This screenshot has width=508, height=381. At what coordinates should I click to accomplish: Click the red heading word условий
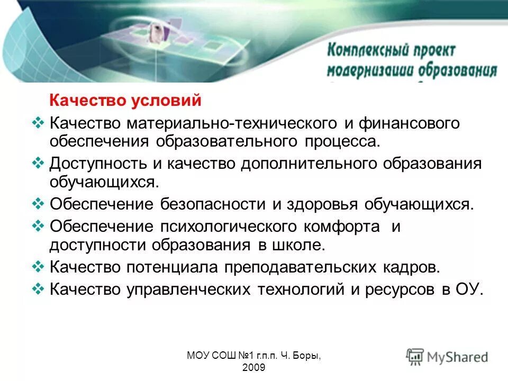pyautogui.click(x=178, y=100)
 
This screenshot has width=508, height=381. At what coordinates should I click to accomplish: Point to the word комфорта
pyautogui.click(x=341, y=227)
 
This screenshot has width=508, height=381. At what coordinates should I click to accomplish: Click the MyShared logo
pyautogui.click(x=448, y=357)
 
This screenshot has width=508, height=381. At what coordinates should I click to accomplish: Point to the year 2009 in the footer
pyautogui.click(x=253, y=367)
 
